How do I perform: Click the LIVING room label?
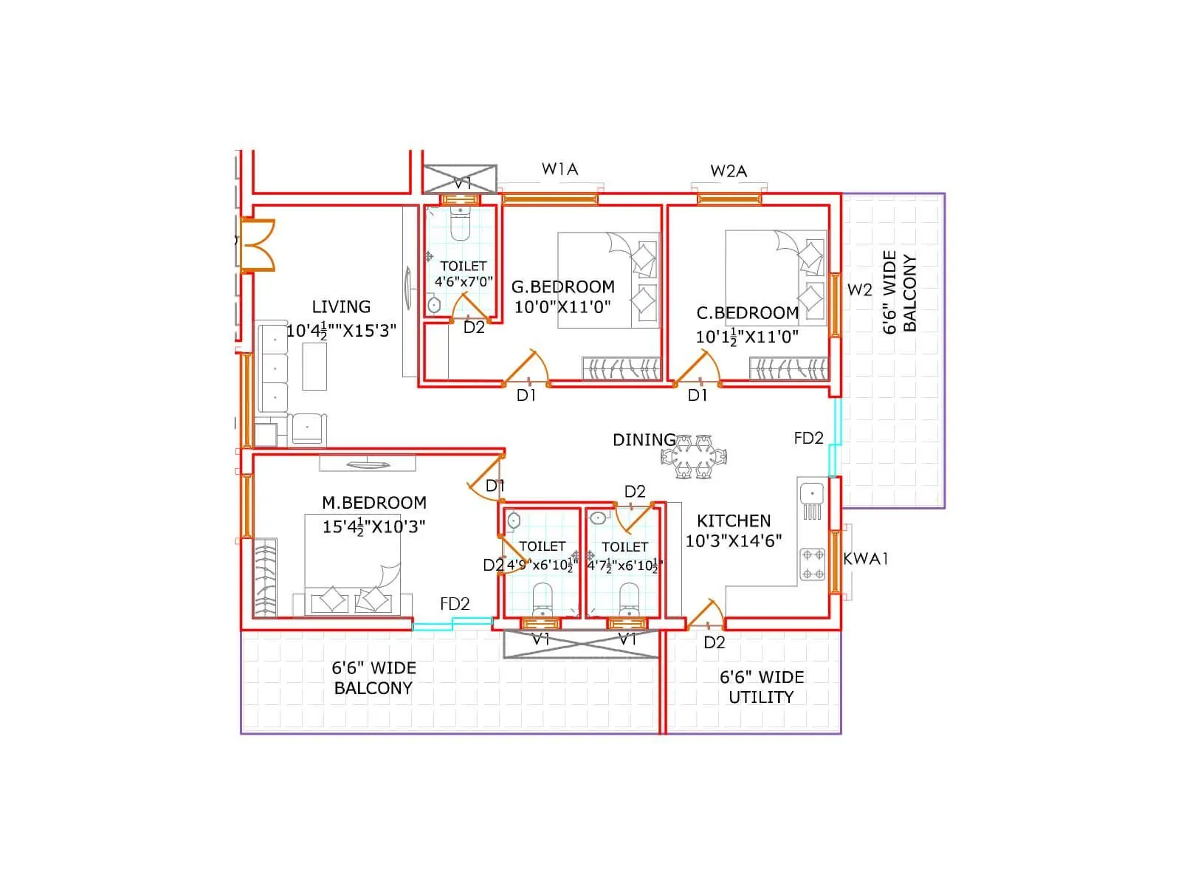(x=341, y=307)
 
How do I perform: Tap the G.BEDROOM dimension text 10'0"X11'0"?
(x=562, y=307)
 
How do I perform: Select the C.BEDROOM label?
(x=747, y=313)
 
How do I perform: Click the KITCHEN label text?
(x=733, y=521)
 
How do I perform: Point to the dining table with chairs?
(x=694, y=457)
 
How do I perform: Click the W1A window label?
(x=559, y=169)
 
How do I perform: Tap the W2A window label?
(x=729, y=171)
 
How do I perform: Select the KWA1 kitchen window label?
(x=865, y=559)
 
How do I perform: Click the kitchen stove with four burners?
(x=813, y=565)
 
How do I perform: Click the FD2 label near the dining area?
(x=808, y=439)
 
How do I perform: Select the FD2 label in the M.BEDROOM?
(x=455, y=604)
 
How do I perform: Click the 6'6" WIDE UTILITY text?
(x=761, y=687)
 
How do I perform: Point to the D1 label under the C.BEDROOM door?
(x=698, y=396)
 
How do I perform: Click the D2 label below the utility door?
(x=714, y=642)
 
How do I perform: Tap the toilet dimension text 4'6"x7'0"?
(x=464, y=281)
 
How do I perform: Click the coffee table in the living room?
(x=314, y=366)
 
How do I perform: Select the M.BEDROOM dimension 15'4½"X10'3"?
(x=373, y=526)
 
